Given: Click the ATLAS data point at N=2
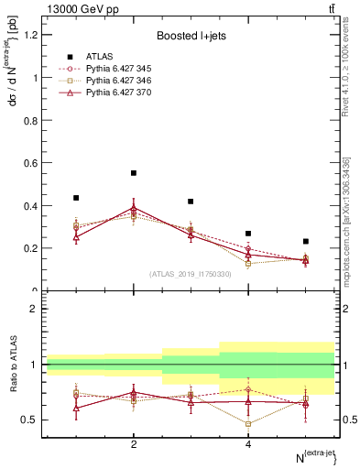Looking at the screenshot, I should [x=134, y=172].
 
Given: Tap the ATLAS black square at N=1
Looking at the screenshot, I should [x=76, y=198].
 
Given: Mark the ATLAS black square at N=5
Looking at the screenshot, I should [x=306, y=241].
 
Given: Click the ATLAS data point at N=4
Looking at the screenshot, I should [x=248, y=234].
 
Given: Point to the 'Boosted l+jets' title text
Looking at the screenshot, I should [x=191, y=36].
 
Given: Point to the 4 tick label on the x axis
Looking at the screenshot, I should [x=248, y=444].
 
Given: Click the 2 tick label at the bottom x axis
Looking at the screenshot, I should [x=134, y=444].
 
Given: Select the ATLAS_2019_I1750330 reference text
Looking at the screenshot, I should [x=191, y=274].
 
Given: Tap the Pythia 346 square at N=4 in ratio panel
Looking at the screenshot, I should [x=248, y=423].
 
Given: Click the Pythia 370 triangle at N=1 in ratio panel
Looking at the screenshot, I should [x=76, y=408].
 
